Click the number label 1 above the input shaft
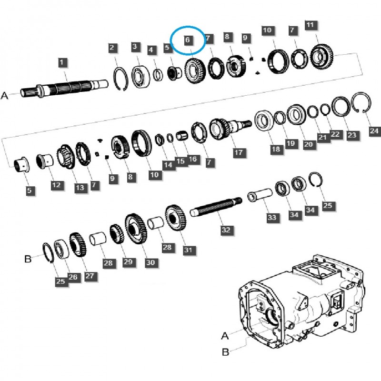point(63,62)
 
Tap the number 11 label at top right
point(311,25)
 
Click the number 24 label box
point(374,130)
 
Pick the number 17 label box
point(238,153)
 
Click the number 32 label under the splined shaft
point(226,230)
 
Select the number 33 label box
point(271,218)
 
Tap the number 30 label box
point(150,262)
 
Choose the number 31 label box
point(188,250)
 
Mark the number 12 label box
point(57,184)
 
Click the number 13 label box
point(80,188)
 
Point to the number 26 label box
point(73,277)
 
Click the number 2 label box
point(112,48)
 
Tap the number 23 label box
point(351,136)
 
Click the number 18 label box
point(276,150)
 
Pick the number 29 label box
point(128,261)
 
